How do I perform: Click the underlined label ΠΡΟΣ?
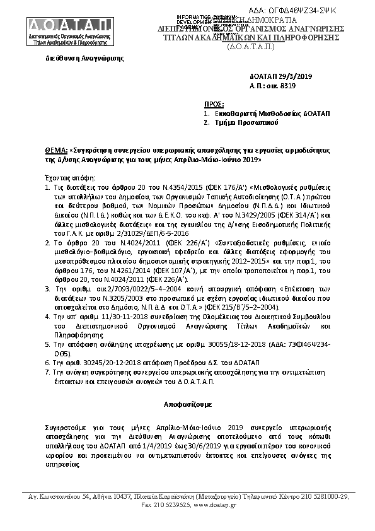click(x=215, y=102)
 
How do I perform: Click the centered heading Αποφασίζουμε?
click(x=187, y=401)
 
